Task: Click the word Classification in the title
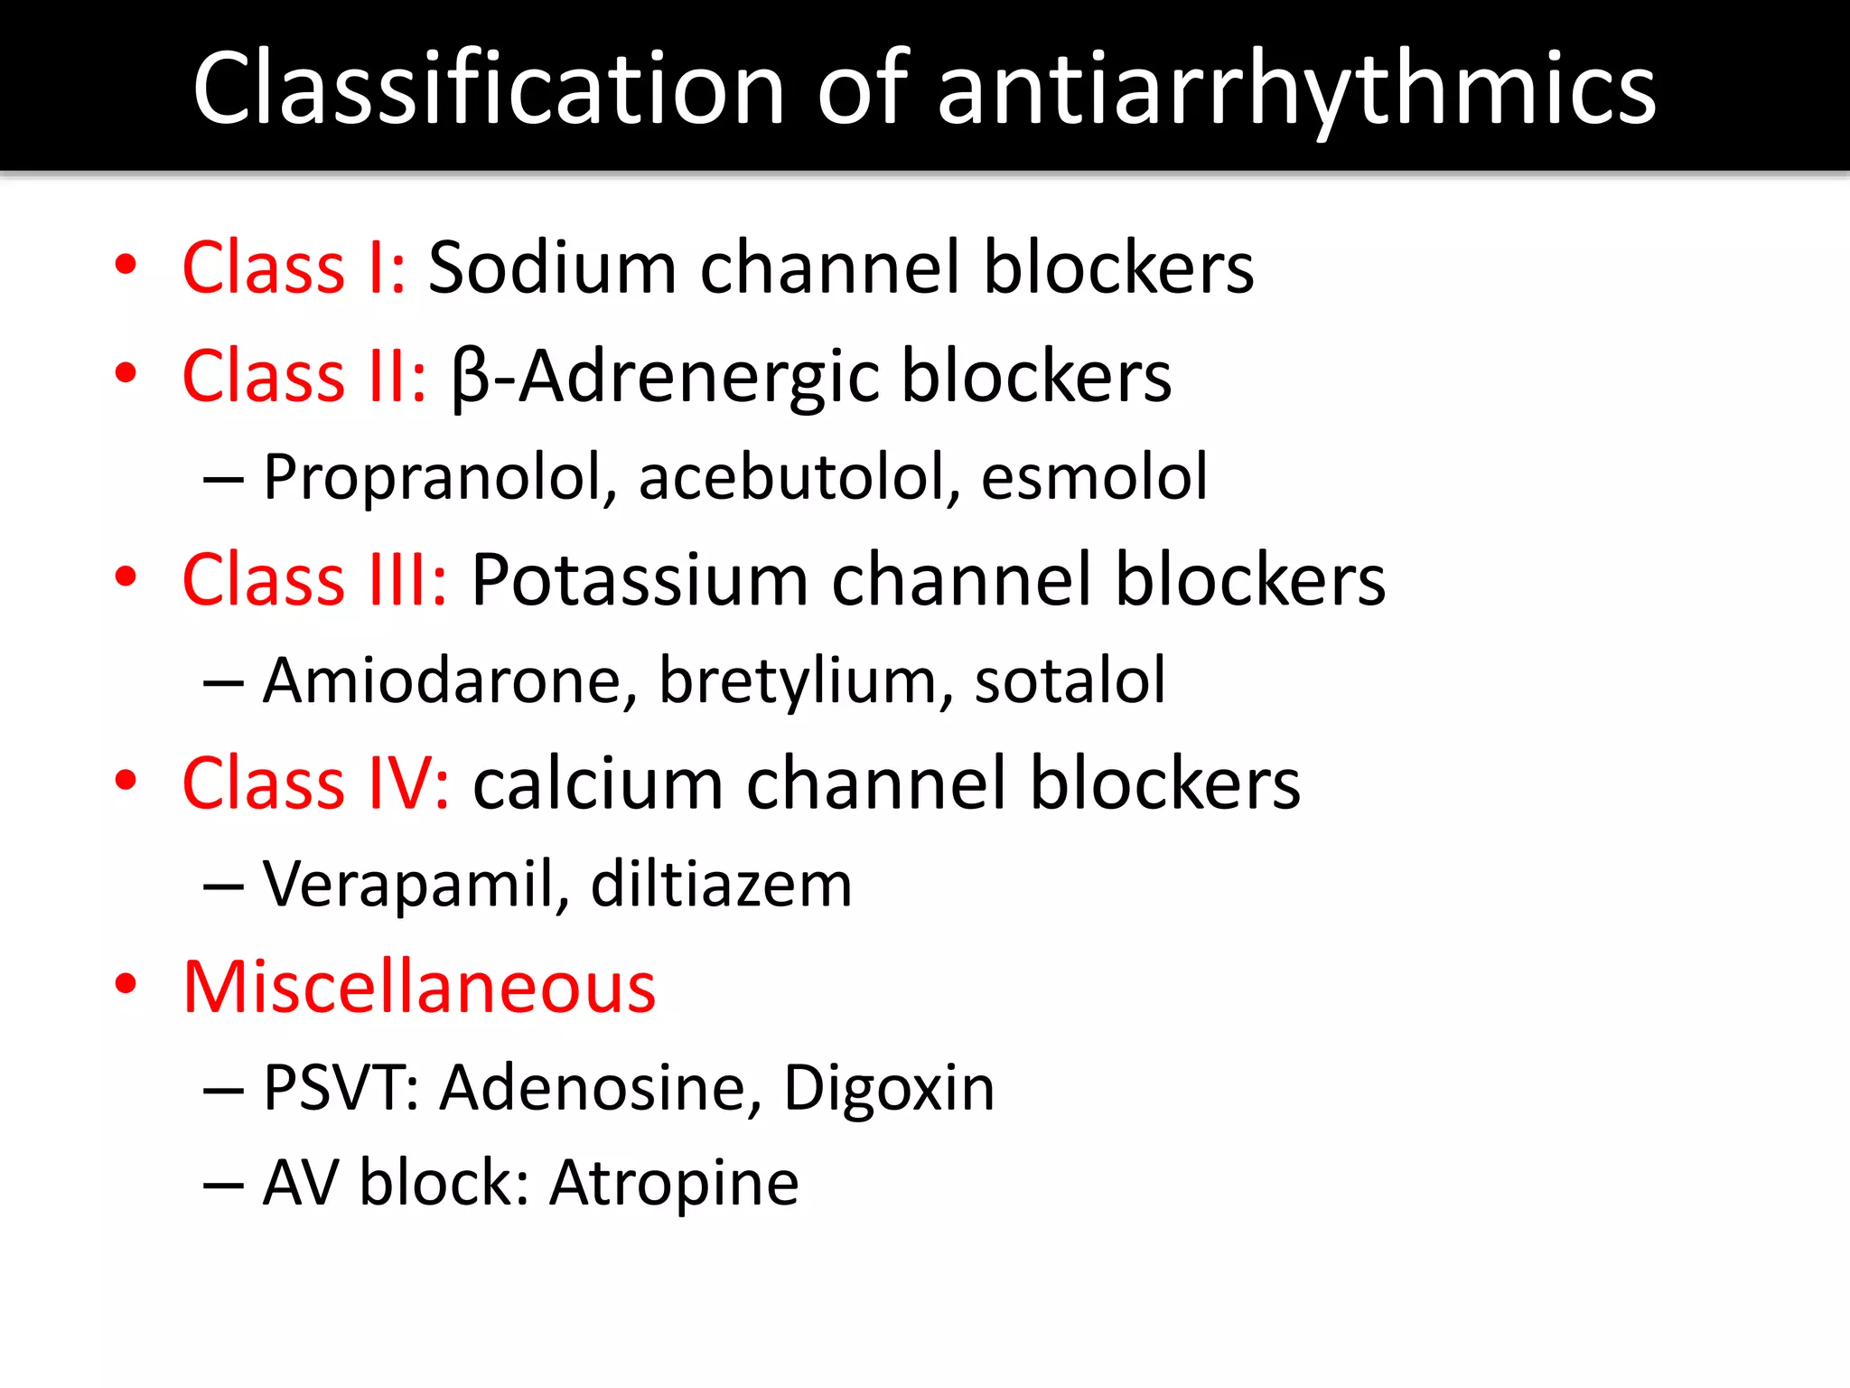coord(489,89)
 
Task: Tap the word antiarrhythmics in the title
coord(1297,89)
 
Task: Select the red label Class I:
coord(294,267)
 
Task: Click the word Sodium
coord(552,267)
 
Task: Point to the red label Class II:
coord(304,376)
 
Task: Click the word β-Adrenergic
coord(665,376)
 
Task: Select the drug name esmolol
coord(1094,477)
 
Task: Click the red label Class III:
coord(315,579)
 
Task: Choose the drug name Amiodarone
coord(443,680)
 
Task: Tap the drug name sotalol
coord(1070,680)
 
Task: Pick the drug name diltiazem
coord(721,884)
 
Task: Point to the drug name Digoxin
coord(889,1087)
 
